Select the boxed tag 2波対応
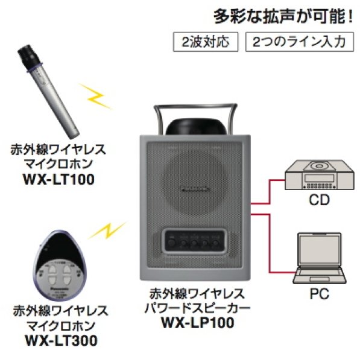(x=203, y=42)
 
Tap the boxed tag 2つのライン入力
(x=299, y=42)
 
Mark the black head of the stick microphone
(x=28, y=57)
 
